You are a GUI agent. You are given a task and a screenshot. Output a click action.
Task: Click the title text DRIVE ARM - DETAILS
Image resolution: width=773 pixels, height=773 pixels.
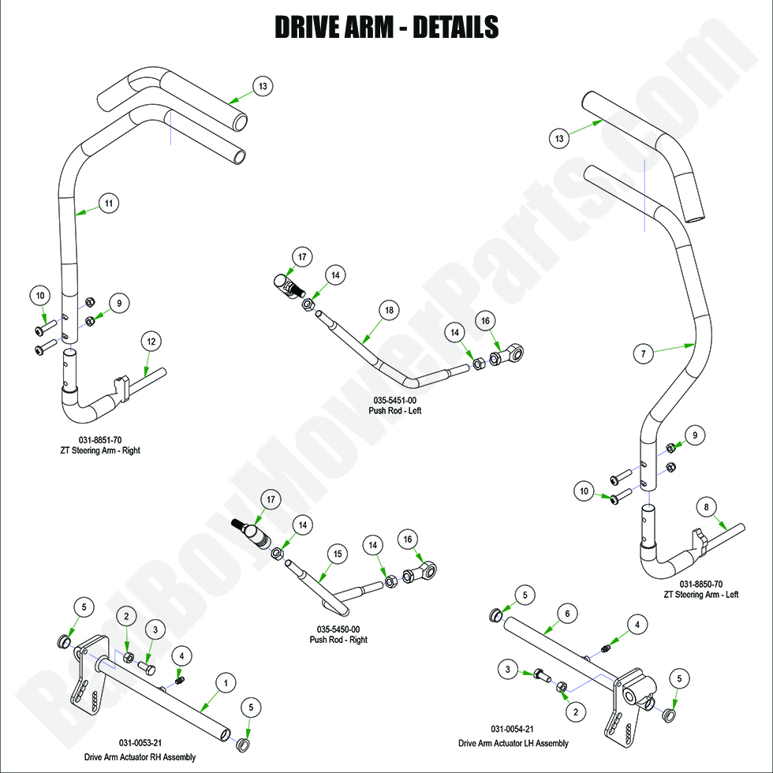pyautogui.click(x=386, y=27)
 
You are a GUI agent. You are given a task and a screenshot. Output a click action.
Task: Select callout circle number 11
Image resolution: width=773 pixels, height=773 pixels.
pyautogui.click(x=109, y=204)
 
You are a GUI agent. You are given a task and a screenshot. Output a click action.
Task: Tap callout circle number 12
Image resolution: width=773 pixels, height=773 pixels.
pyautogui.click(x=151, y=342)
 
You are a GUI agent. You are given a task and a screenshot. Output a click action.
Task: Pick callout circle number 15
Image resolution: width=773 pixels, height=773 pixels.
pyautogui.click(x=337, y=555)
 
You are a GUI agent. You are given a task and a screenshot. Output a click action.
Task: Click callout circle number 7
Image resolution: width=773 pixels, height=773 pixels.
pyautogui.click(x=644, y=354)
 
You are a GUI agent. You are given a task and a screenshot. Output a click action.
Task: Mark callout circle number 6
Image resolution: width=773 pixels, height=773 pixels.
pyautogui.click(x=566, y=612)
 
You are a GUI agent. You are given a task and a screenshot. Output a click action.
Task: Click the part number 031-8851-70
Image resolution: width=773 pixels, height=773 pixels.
pyautogui.click(x=99, y=439)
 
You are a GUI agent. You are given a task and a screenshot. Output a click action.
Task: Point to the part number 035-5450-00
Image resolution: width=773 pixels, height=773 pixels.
pyautogui.click(x=338, y=629)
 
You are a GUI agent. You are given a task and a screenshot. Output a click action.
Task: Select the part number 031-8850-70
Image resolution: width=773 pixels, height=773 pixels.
pyautogui.click(x=701, y=584)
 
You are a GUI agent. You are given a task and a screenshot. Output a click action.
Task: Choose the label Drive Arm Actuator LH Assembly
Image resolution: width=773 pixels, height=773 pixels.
pyautogui.click(x=513, y=743)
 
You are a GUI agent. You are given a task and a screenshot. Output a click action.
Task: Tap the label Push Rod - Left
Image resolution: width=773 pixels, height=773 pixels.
pyautogui.click(x=394, y=410)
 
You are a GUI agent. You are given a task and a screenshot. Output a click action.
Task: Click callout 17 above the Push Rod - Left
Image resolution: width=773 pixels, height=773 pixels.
pyautogui.click(x=301, y=256)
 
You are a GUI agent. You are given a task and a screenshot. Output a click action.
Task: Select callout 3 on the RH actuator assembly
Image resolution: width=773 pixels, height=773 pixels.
pyautogui.click(x=155, y=629)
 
